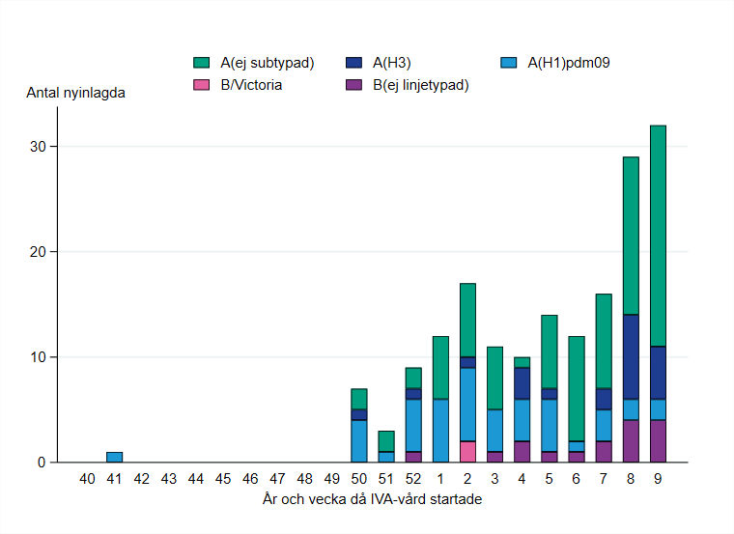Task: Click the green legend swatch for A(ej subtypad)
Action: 201,64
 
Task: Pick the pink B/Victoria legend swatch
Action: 201,85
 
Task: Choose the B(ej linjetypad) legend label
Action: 420,85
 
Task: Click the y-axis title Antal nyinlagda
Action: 75,94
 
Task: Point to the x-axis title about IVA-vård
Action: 372,499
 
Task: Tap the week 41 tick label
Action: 114,479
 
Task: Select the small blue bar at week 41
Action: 114,458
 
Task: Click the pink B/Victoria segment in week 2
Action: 467,452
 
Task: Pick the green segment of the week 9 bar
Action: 658,236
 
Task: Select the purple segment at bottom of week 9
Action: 658,441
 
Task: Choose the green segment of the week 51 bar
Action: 385,441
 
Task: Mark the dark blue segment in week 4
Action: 522,383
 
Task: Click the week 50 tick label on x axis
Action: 358,479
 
